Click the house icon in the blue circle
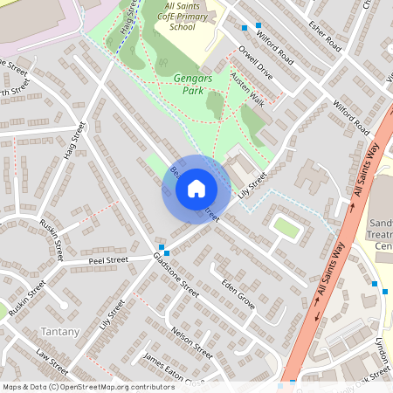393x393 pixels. click(x=196, y=188)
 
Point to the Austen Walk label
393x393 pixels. click(x=247, y=87)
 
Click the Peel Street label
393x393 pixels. click(x=107, y=260)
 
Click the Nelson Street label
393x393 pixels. click(x=193, y=341)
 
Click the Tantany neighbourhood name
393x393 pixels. click(x=60, y=332)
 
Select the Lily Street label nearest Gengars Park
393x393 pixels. click(x=252, y=184)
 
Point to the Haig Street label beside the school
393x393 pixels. click(x=128, y=17)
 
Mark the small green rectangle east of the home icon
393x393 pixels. click(x=286, y=227)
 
